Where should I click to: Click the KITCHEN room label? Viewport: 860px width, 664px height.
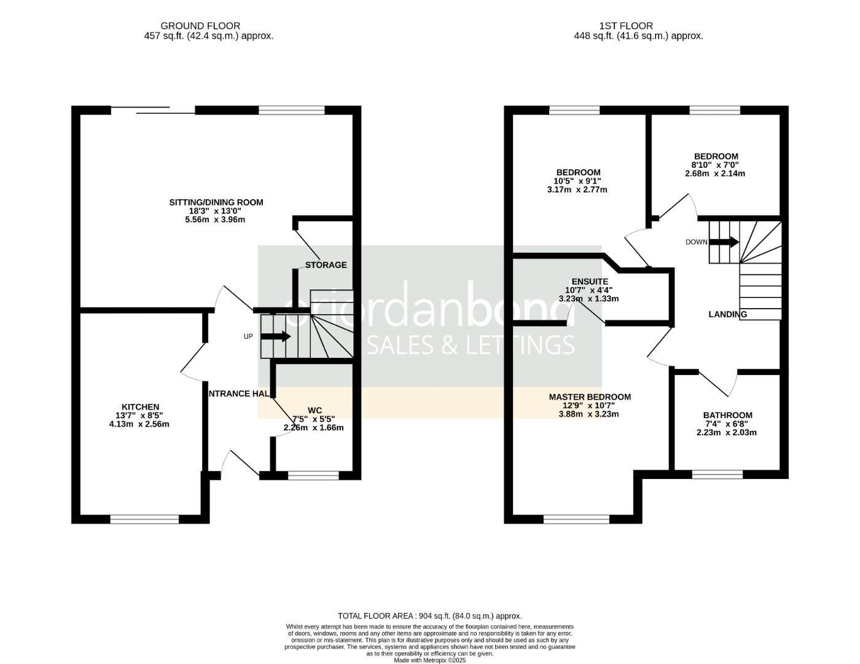(x=140, y=407)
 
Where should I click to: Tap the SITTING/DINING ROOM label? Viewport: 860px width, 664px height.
(x=216, y=202)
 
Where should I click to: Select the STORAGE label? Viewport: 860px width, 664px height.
(x=326, y=265)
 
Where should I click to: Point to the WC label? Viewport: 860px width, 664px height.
(x=315, y=410)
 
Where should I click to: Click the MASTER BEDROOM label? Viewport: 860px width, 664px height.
(x=590, y=397)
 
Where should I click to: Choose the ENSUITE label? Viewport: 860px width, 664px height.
(x=590, y=282)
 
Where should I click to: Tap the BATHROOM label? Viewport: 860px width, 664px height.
(x=727, y=416)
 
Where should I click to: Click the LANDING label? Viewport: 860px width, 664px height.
(x=727, y=314)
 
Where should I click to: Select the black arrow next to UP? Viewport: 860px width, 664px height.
(x=276, y=336)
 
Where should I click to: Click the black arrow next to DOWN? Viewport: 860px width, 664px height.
(x=724, y=242)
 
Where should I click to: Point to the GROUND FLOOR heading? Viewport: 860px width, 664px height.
(x=200, y=26)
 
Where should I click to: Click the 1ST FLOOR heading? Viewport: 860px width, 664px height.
(x=626, y=26)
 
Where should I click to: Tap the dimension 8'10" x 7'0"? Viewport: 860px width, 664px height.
(x=715, y=165)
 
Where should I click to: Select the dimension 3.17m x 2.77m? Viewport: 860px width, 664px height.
(x=577, y=189)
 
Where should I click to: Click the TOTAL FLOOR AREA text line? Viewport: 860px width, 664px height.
(x=429, y=615)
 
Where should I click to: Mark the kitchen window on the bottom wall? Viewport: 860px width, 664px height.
(x=144, y=520)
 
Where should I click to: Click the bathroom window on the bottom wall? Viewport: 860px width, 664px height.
(x=717, y=475)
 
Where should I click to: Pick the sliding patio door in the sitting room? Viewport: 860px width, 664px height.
(x=153, y=111)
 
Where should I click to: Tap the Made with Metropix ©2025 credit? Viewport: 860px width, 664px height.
(x=429, y=660)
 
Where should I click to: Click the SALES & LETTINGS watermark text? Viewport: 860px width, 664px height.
(x=470, y=345)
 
